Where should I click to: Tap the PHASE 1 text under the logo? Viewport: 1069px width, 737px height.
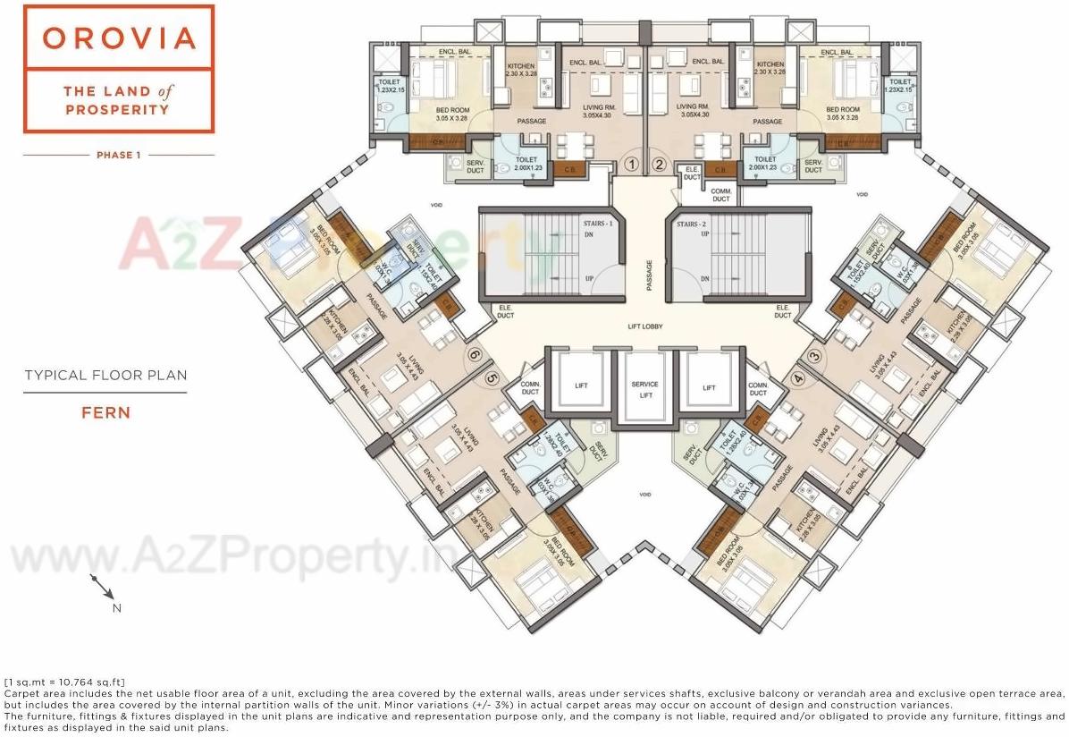[119, 155]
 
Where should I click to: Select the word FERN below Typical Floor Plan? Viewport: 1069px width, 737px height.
[106, 412]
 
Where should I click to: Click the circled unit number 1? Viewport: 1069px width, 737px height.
[631, 164]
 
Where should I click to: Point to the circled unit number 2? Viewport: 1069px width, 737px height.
[659, 164]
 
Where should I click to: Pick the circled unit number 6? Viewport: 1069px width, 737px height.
[475, 355]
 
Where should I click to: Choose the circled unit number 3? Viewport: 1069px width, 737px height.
[813, 355]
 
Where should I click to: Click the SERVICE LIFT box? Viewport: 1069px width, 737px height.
[644, 388]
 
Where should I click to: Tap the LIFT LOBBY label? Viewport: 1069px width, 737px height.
[644, 327]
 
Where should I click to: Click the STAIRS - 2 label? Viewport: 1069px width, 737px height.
[694, 223]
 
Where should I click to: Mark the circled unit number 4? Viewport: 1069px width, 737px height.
[797, 377]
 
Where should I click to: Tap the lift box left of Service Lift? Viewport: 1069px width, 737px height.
[581, 387]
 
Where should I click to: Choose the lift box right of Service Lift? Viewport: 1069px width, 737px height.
[709, 387]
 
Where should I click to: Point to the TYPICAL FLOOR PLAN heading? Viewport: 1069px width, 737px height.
[106, 376]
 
